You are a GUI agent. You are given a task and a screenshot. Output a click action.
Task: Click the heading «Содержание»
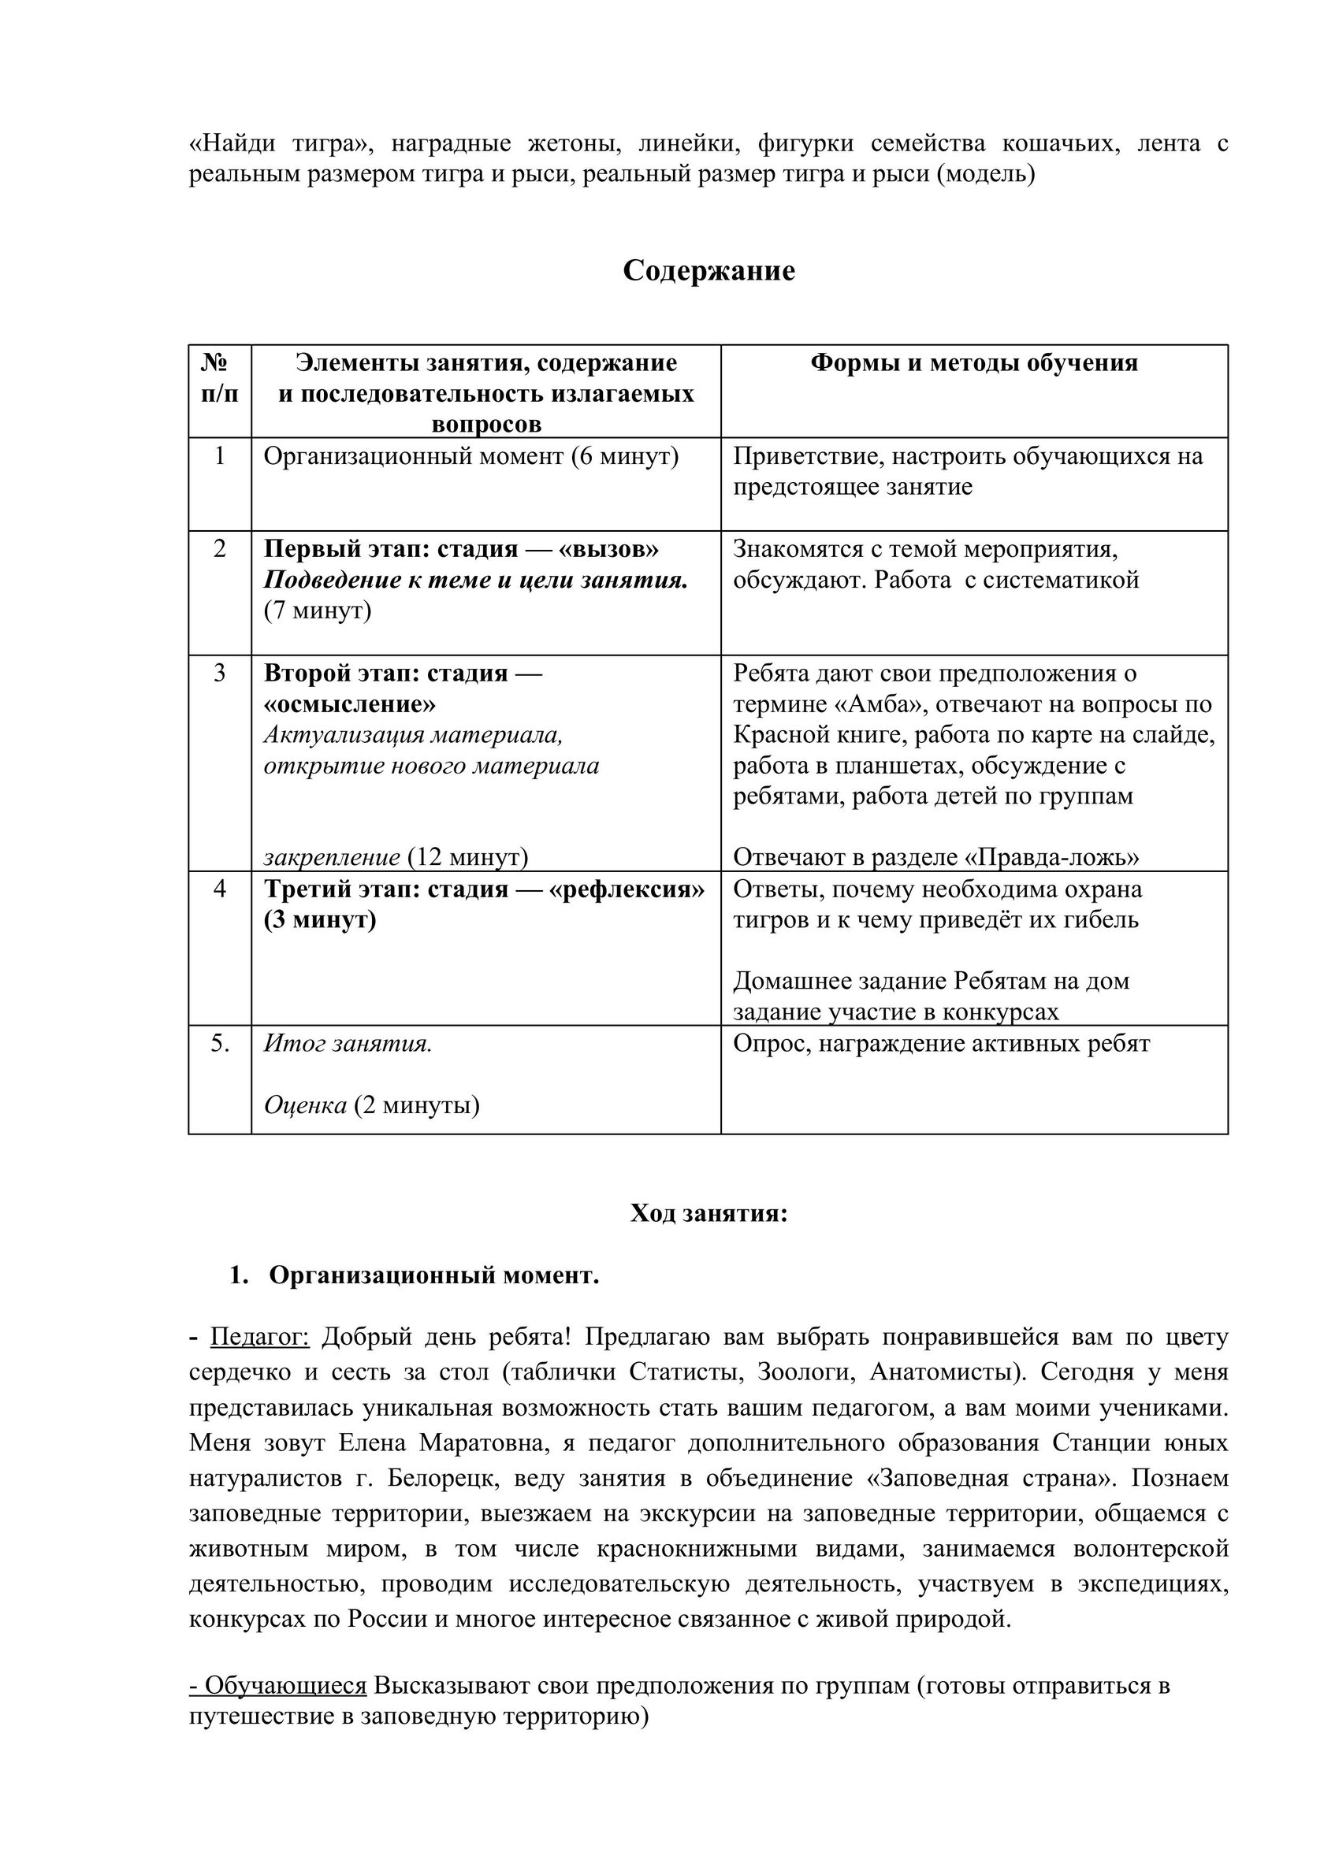coord(708,270)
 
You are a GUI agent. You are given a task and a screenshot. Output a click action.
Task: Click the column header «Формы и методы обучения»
coord(973,363)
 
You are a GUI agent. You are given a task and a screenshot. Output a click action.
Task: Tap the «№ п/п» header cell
coord(219,378)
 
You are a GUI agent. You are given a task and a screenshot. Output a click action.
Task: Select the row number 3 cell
coord(219,673)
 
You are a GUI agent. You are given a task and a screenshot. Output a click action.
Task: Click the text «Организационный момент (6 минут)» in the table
coord(470,456)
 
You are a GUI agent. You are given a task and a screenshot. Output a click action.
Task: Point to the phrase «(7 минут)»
coord(317,611)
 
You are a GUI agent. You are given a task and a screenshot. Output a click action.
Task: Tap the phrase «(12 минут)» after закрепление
coord(467,856)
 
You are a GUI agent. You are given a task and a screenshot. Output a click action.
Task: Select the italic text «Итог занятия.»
coord(348,1043)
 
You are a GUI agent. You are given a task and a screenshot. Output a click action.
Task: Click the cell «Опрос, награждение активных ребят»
coord(941,1043)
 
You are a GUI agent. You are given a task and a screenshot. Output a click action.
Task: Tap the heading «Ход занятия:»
coord(708,1213)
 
